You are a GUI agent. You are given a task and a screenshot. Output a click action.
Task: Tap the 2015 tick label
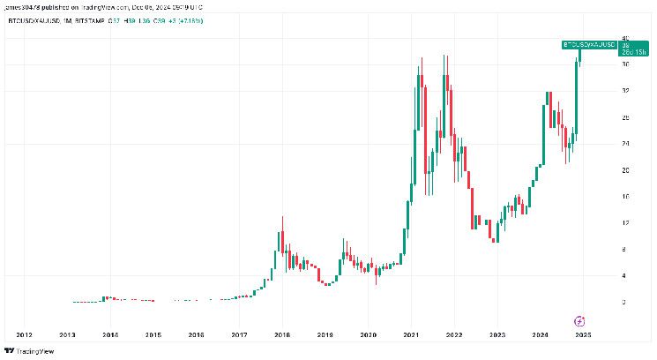(x=153, y=334)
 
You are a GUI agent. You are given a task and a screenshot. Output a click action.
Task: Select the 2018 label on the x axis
(x=282, y=334)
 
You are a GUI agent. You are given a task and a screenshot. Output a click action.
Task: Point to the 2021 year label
(x=412, y=334)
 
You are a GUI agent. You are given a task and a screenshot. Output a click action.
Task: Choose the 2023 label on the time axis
(x=497, y=334)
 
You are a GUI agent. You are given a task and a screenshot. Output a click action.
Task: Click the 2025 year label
(x=583, y=334)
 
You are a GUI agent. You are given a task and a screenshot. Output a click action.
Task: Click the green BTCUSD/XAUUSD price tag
(x=588, y=43)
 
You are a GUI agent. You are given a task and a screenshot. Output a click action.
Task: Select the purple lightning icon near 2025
(x=580, y=320)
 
